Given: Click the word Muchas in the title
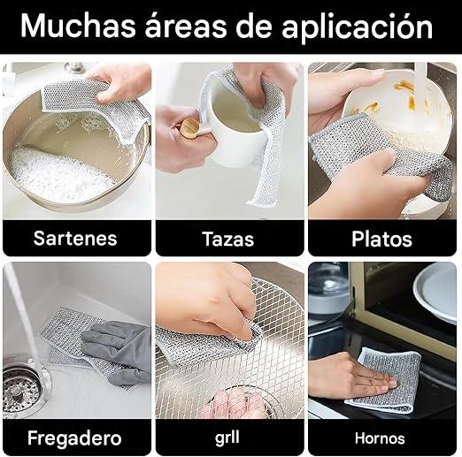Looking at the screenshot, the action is [78, 27].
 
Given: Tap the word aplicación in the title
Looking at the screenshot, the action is [357, 28].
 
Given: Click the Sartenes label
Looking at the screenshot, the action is [75, 238].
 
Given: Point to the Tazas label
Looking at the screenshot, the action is [228, 239].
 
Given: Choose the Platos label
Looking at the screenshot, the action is [381, 239].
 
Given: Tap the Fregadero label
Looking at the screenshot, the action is [74, 438].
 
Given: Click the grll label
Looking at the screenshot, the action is [227, 438].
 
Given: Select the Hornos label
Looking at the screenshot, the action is [380, 438].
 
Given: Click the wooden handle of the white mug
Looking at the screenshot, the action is [189, 127].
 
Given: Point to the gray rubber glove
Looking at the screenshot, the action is [118, 351].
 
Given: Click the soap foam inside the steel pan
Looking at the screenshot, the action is [59, 174].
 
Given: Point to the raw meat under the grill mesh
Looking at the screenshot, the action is [234, 403].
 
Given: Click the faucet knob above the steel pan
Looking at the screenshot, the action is [75, 67].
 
